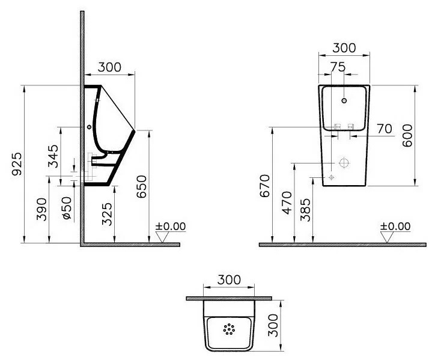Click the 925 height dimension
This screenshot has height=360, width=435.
(x=17, y=163)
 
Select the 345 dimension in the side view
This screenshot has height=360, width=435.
(x=53, y=156)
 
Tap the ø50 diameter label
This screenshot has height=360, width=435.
(x=67, y=208)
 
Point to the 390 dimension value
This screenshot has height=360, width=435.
(x=41, y=209)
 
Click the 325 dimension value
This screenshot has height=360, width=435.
(x=107, y=214)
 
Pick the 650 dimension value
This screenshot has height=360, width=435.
(x=141, y=186)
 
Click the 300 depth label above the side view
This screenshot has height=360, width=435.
(x=109, y=67)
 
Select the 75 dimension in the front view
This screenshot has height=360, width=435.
(x=338, y=67)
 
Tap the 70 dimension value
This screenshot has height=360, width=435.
(x=385, y=129)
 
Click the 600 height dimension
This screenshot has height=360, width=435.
(x=407, y=135)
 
